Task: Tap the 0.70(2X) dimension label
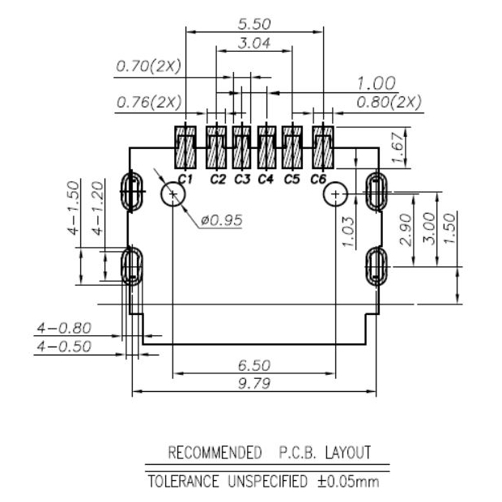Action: tap(149, 66)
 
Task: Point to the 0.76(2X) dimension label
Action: tap(149, 103)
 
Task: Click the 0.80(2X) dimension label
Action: tap(389, 103)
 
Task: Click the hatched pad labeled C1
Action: tap(185, 147)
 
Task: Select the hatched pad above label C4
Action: tap(266, 147)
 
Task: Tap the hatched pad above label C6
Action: tap(323, 147)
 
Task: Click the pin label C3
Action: tap(241, 179)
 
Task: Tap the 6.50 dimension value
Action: tap(254, 366)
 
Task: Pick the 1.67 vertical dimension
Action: tap(398, 148)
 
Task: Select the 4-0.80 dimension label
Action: tap(64, 329)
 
